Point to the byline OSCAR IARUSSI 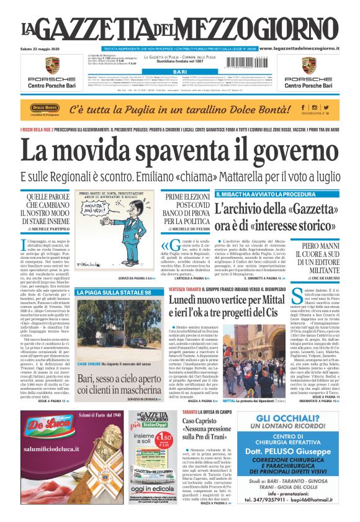tap(322, 277)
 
